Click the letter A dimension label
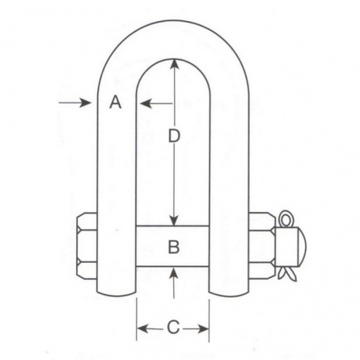click(116, 103)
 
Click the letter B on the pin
click(174, 247)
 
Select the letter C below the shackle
click(173, 328)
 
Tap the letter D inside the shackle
click(174, 136)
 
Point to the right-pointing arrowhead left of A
click(86, 103)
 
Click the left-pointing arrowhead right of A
click(146, 103)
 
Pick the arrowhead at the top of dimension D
click(175, 65)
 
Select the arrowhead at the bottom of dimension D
click(175, 219)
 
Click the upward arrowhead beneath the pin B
click(175, 273)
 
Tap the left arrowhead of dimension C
click(142, 328)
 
